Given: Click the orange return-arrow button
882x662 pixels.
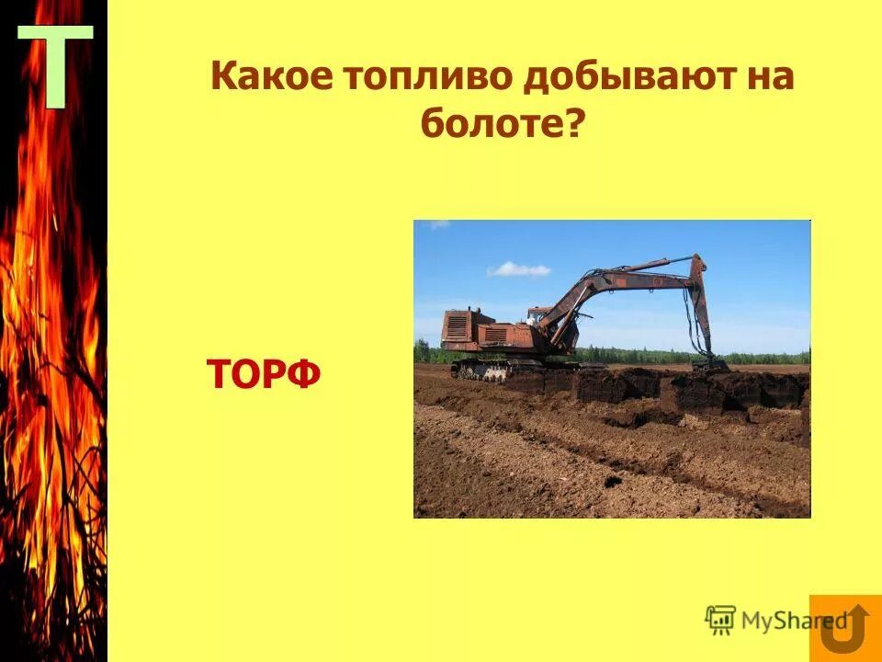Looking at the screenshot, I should click(x=845, y=628).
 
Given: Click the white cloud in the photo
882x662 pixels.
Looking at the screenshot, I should click(x=519, y=269).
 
